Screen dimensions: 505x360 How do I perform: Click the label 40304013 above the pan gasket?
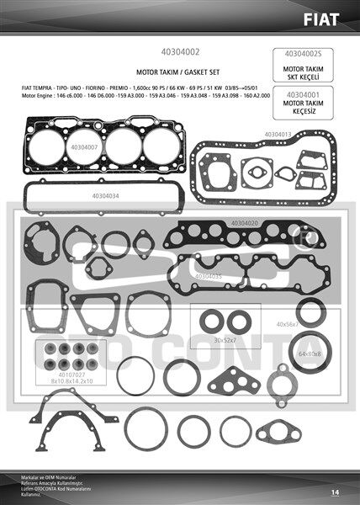(x=278, y=134)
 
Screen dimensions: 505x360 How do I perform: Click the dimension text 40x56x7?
(x=287, y=324)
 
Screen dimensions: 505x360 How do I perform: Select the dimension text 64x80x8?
(x=310, y=353)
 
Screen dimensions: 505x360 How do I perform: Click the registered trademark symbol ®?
(x=308, y=240)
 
